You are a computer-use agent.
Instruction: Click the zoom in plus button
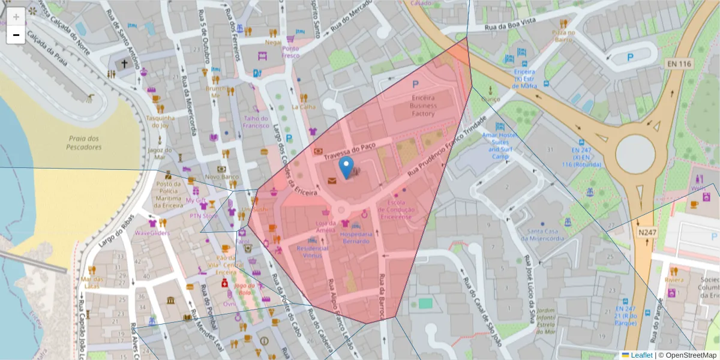16,16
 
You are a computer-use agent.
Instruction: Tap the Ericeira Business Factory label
423,106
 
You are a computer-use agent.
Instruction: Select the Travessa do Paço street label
349,151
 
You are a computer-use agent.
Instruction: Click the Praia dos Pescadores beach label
84,143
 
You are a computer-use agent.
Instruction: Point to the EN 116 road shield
679,63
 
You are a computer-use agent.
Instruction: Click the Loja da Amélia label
325,226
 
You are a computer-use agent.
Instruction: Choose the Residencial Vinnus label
313,252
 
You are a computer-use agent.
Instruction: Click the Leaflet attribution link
641,355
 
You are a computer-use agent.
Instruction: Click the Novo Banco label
221,177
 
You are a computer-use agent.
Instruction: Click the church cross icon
125,63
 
